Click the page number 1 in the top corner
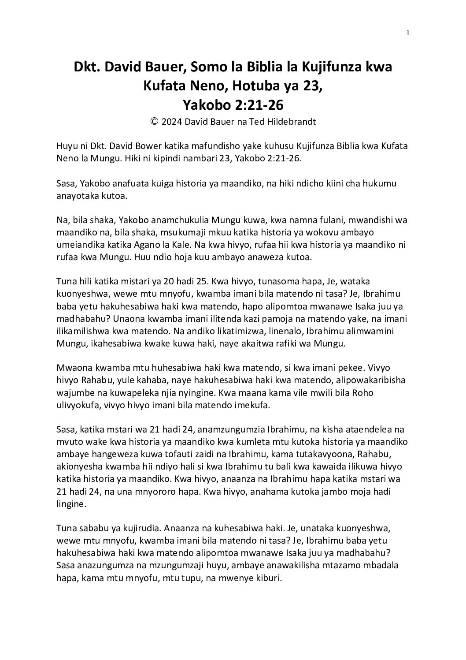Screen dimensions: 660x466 (408, 32)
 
